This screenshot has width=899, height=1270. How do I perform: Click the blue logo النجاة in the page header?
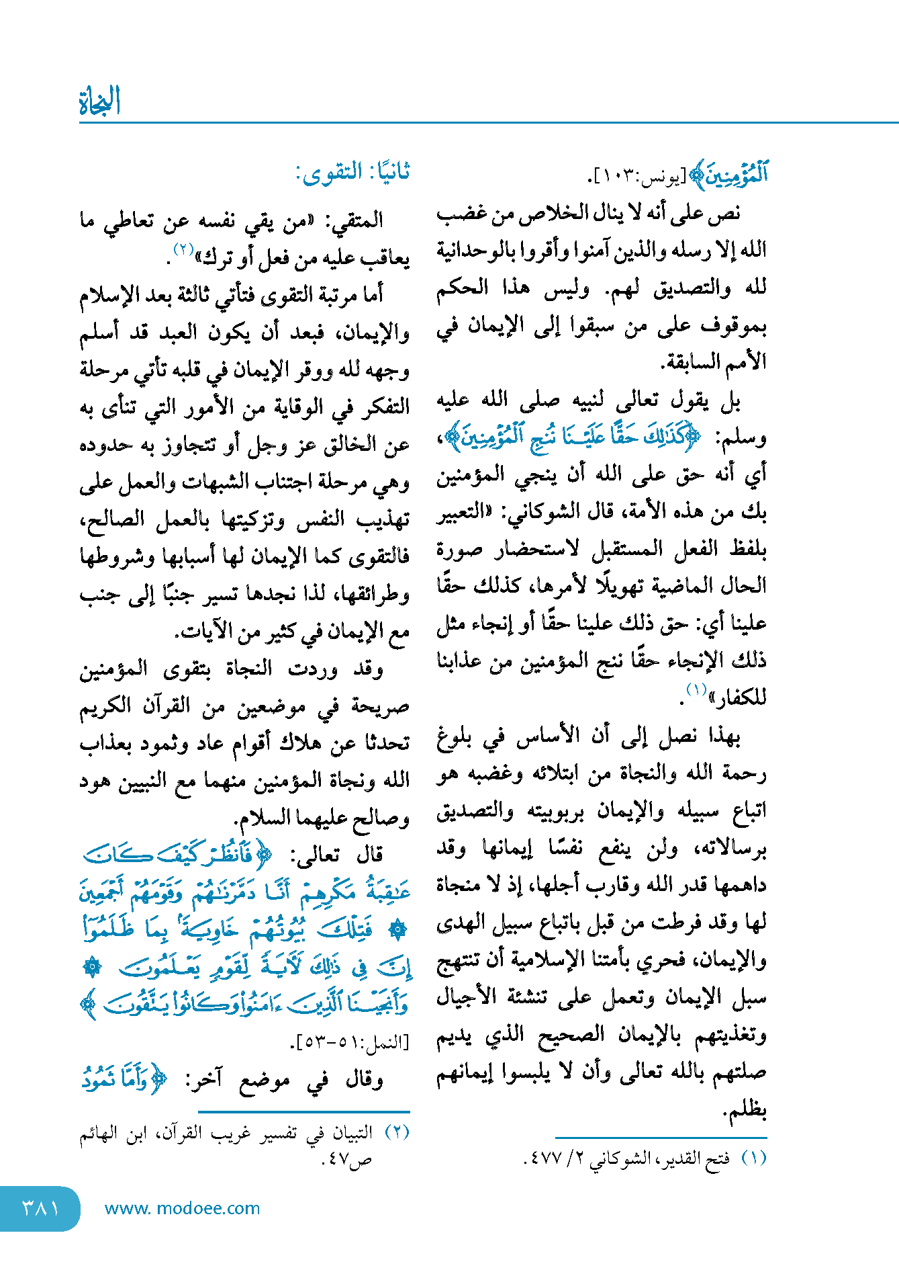click(99, 101)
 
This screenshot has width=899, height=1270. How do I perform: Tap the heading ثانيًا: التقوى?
click(352, 173)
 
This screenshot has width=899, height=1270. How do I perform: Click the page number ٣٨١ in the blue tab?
click(40, 1208)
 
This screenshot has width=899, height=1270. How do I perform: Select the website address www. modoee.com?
click(182, 1208)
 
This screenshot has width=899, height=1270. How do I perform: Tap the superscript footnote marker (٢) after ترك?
click(183, 249)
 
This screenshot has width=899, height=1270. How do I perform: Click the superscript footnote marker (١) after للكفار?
click(696, 689)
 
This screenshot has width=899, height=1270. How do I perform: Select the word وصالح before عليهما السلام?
click(382, 818)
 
